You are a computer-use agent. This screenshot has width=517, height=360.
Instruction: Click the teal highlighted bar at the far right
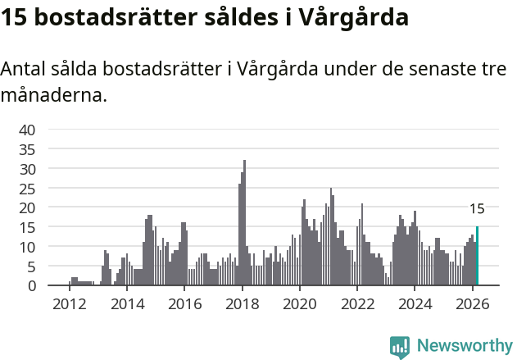[x=477, y=256]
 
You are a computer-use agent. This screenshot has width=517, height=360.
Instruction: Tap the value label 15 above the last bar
[x=477, y=209]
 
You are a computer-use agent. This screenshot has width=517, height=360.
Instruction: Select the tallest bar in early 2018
[x=244, y=223]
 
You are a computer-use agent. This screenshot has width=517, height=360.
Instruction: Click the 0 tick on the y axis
[x=31, y=285]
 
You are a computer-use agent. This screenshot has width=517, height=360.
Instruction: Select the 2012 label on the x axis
[x=69, y=303]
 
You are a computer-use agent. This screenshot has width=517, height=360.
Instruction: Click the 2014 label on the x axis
[x=126, y=303]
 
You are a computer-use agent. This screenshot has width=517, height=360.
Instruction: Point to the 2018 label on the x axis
[x=242, y=303]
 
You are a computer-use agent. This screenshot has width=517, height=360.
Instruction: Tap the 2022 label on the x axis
[x=357, y=303]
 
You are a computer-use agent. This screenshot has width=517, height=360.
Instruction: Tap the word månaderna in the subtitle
[x=53, y=96]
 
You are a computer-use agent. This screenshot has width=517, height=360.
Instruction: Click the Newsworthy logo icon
[x=400, y=346]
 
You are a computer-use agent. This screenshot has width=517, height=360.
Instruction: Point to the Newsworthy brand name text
[x=464, y=346]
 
